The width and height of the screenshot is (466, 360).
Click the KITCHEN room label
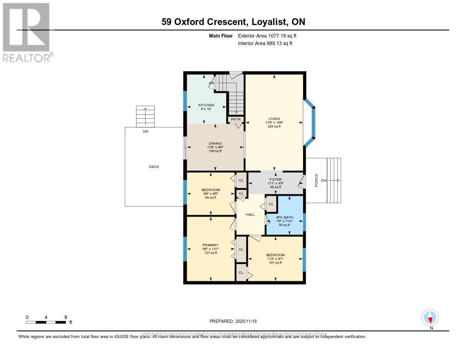206,105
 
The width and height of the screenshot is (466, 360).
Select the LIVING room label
274,119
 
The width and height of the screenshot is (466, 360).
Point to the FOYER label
275,179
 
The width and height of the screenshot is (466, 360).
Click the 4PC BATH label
285,217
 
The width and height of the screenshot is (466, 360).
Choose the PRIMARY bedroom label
210,245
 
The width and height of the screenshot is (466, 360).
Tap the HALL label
250,214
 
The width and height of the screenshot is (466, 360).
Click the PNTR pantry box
236,120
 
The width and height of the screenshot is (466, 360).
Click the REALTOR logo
26,32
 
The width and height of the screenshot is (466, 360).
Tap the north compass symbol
430,318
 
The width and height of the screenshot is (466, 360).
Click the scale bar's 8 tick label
66,317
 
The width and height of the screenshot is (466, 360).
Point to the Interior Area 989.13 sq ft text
265,43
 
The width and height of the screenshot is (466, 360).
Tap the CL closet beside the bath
271,204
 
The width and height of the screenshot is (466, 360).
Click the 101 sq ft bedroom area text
275,263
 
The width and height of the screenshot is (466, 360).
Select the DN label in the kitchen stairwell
212,83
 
